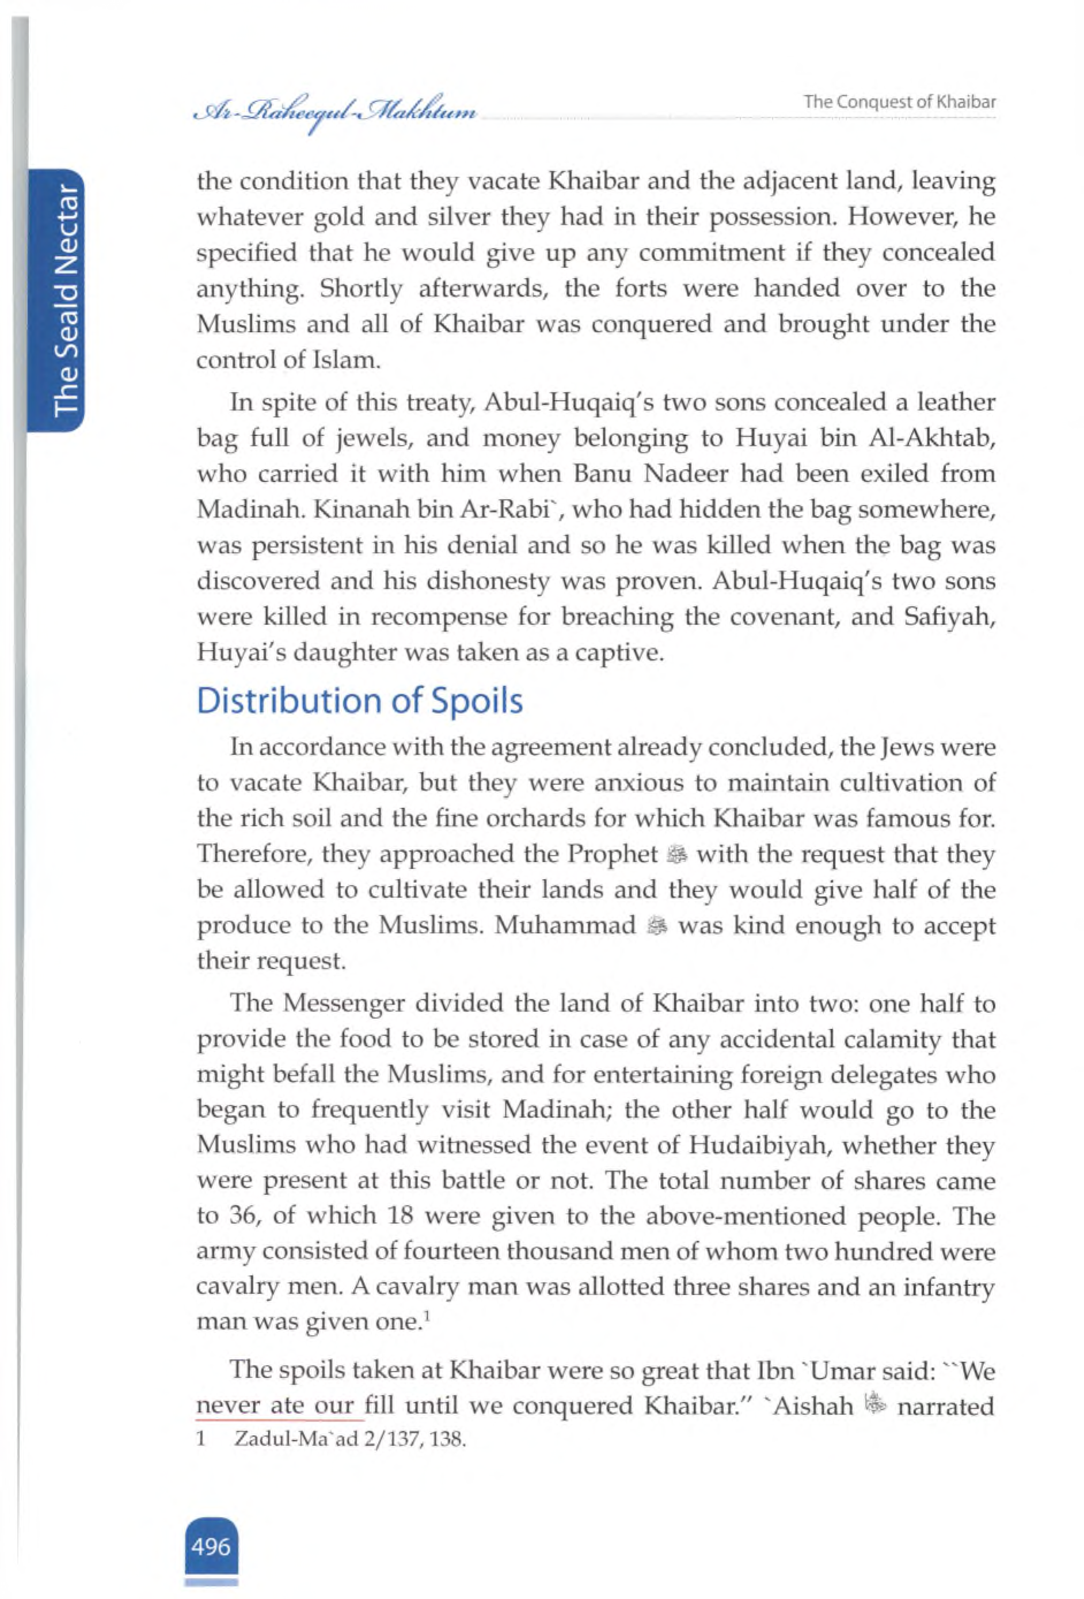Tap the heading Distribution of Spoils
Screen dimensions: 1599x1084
(x=359, y=701)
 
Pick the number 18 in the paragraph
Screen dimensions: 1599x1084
(x=394, y=1217)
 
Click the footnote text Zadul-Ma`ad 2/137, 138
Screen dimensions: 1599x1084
(x=350, y=1440)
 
